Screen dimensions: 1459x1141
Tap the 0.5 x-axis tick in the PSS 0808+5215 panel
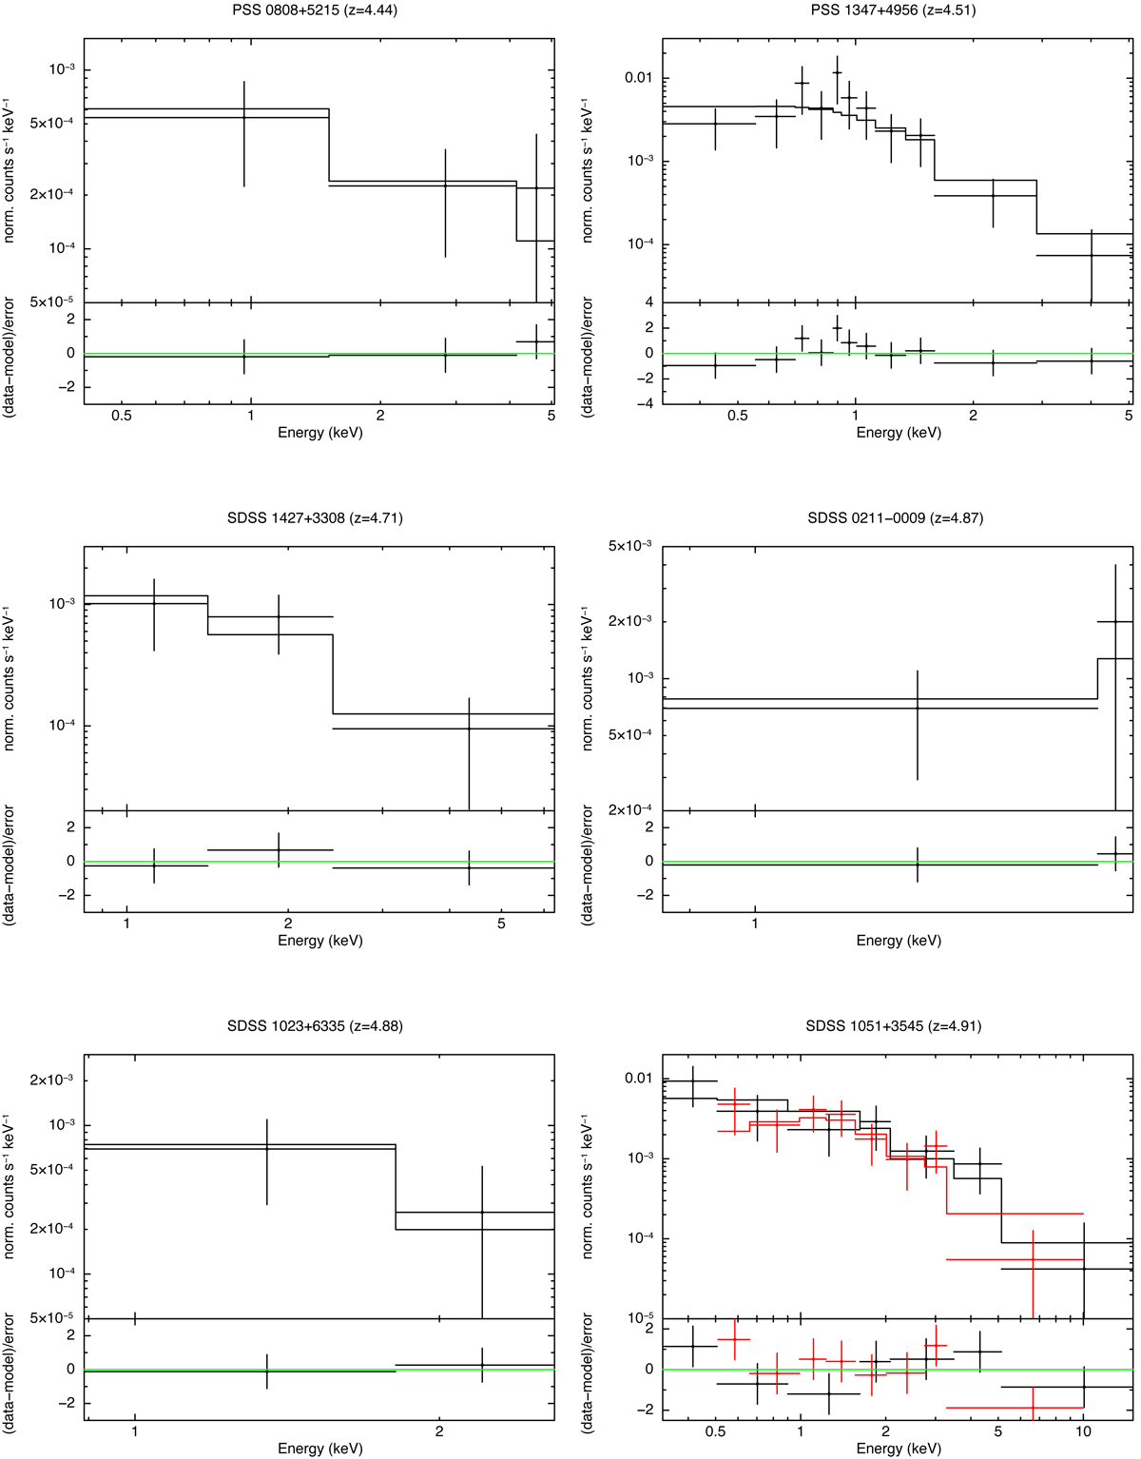[122, 416]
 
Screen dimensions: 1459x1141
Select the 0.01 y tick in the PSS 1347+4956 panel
[639, 77]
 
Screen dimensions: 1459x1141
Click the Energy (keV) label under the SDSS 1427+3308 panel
[319, 941]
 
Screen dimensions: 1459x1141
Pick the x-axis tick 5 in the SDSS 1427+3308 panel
[501, 924]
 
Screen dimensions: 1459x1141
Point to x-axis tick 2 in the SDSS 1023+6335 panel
[439, 1431]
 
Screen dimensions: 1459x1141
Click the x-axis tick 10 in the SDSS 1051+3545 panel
[1083, 1431]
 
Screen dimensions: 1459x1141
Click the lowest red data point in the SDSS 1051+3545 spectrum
[1033, 1259]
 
